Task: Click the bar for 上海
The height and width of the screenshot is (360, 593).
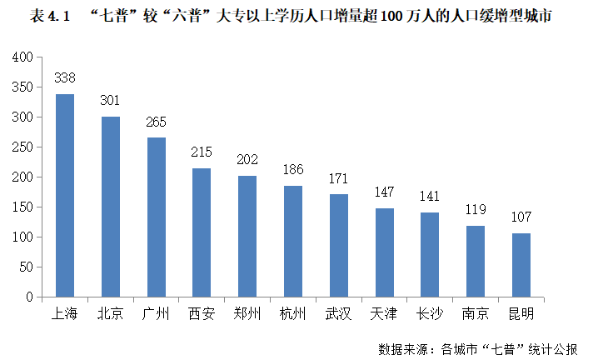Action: click(65, 196)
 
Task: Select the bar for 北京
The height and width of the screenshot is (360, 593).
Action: click(111, 207)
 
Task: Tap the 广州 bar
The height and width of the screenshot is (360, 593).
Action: click(156, 217)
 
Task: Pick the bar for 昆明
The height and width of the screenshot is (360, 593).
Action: click(521, 265)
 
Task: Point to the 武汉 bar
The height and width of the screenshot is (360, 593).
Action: click(338, 246)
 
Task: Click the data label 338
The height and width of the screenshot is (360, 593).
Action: click(65, 78)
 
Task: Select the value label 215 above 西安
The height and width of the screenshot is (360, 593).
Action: click(202, 152)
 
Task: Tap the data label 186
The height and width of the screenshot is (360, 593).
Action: click(292, 170)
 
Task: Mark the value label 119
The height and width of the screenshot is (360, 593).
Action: click(475, 210)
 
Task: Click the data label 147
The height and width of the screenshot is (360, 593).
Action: click(384, 192)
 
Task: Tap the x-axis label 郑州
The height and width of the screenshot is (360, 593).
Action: click(247, 314)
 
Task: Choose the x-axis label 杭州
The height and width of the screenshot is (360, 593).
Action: click(292, 314)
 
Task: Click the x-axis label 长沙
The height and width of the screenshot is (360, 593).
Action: click(429, 314)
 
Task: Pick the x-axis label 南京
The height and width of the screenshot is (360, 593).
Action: click(475, 314)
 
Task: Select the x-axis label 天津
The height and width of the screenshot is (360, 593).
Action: click(384, 314)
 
